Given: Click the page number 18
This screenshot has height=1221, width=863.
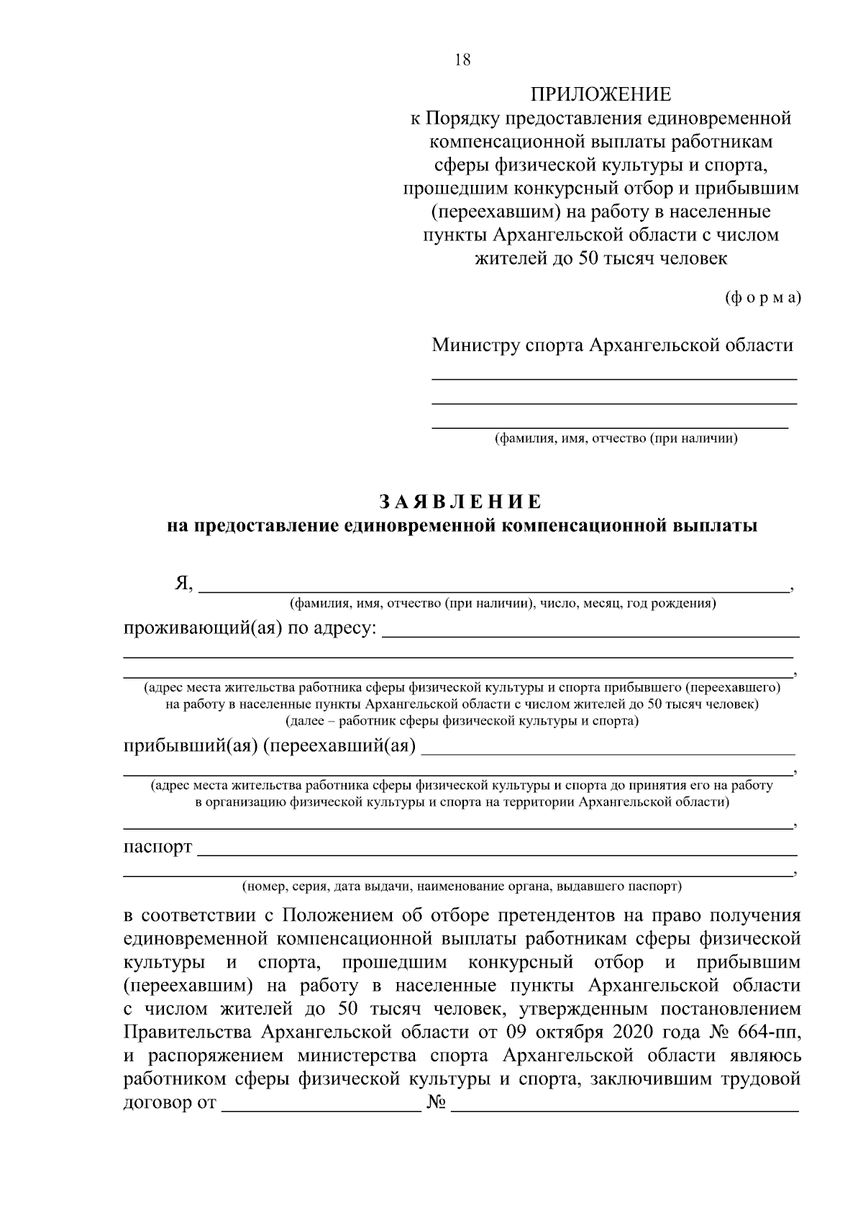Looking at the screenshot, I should pos(463,60).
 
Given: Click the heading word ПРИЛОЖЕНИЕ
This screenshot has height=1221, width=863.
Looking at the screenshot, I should pos(601,94).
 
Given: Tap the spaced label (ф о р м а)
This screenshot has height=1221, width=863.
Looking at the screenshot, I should pos(762,298).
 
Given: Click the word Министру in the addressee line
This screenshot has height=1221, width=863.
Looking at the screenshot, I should pos(475,345).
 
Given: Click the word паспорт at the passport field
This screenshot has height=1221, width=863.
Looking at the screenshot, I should pos(158,847).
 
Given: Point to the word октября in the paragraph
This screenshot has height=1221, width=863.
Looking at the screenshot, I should pos(572,1032).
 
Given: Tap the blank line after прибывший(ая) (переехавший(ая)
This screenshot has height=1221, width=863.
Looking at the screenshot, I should pos(608,748).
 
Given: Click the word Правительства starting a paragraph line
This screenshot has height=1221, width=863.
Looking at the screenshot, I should pos(189,1032).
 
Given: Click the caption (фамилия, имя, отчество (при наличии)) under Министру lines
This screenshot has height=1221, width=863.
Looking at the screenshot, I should pos(616,438).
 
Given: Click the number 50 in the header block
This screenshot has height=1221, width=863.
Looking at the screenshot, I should pos(588,258).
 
